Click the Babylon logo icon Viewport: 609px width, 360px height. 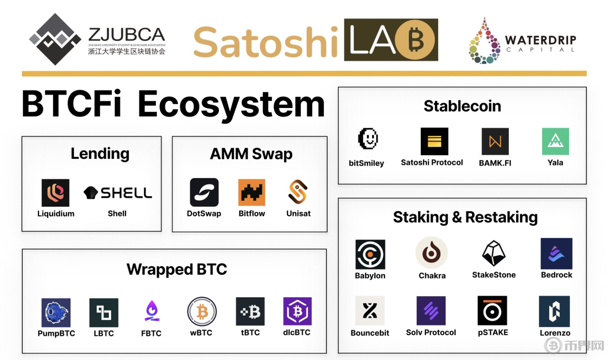[x=370, y=254]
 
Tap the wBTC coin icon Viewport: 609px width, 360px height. [x=202, y=311]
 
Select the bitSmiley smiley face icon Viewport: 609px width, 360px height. [x=368, y=139]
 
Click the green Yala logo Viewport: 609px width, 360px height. [x=555, y=141]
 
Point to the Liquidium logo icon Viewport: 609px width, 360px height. [x=55, y=193]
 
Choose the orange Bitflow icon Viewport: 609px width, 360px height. [x=252, y=192]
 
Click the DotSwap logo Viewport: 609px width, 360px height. [x=204, y=192]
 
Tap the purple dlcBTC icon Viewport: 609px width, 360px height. [x=297, y=311]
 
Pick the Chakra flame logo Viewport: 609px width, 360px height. [x=432, y=253]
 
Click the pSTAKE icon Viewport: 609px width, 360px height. [x=492, y=311]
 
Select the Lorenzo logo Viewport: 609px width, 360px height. [x=555, y=311]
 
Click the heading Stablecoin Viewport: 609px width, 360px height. [x=462, y=106]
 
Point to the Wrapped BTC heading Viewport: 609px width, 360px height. [x=177, y=269]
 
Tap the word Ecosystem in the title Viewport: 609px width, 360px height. [x=231, y=105]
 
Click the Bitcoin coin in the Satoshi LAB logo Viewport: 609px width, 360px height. [x=415, y=40]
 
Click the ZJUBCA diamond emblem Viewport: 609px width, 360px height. [x=55, y=39]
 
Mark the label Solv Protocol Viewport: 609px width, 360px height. [x=431, y=332]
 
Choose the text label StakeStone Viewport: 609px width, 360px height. [x=494, y=275]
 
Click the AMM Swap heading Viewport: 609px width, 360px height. [x=251, y=154]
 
